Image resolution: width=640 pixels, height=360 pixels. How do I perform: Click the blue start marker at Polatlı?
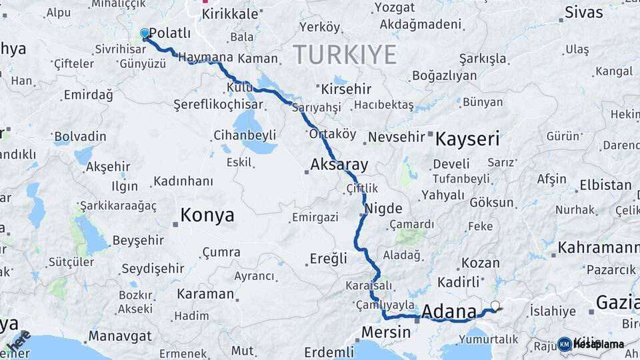click(145, 33)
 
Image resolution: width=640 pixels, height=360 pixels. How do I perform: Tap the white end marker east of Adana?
click(495, 306)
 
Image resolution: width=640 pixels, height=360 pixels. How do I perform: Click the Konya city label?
click(207, 215)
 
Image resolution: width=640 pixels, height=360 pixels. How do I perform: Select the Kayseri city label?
click(467, 139)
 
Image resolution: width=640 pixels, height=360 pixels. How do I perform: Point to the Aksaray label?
click(339, 164)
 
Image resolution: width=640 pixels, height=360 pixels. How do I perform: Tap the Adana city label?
click(449, 311)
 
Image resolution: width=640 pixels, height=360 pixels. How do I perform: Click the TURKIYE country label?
click(345, 54)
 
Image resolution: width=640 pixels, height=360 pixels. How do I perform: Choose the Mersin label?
click(386, 331)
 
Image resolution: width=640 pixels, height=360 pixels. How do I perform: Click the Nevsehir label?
click(397, 137)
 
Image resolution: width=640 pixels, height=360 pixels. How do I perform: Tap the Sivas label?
click(584, 12)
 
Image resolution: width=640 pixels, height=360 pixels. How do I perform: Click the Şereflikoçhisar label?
click(219, 105)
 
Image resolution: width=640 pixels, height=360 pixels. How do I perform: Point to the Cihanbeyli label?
click(245, 135)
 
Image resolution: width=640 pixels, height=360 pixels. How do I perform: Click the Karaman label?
click(205, 294)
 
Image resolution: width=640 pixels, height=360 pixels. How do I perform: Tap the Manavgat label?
click(112, 335)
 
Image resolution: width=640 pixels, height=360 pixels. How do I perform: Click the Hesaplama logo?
click(591, 344)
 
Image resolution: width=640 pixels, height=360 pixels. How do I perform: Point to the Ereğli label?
click(329, 258)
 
